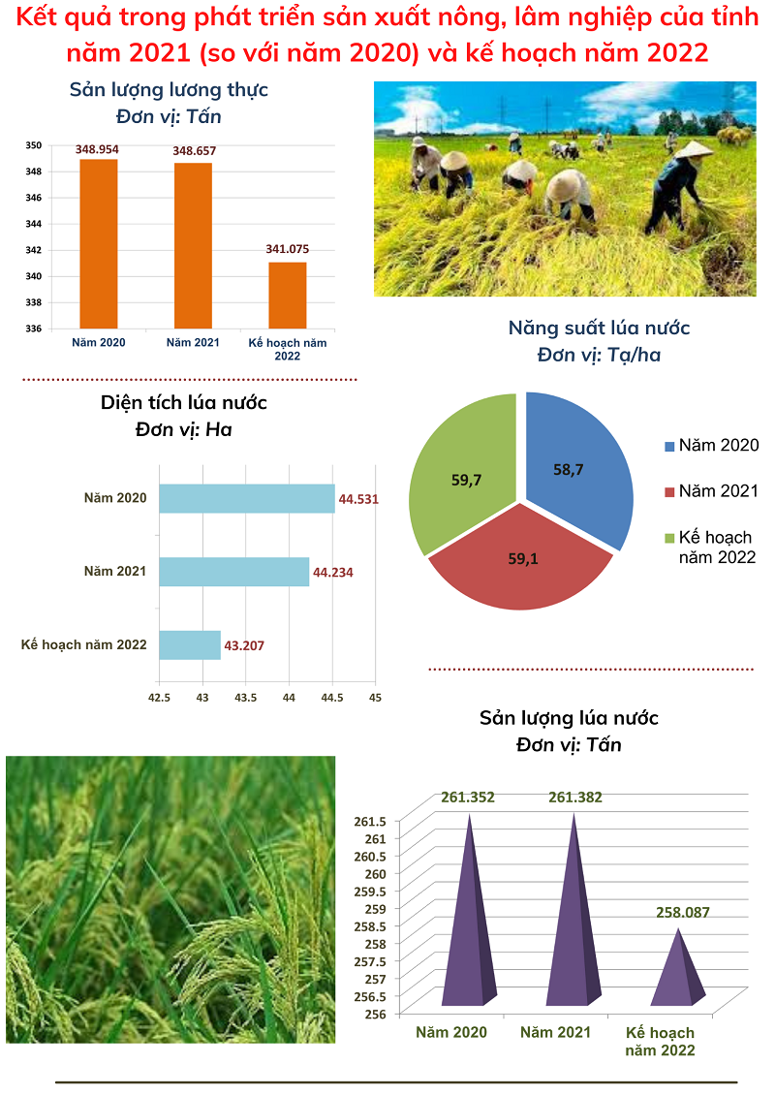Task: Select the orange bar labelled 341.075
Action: point(287,295)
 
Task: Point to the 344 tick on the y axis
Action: point(33,224)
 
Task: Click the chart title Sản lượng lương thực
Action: point(169,90)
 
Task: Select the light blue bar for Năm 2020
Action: point(246,498)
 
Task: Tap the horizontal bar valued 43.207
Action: point(190,644)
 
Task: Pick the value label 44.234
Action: point(333,573)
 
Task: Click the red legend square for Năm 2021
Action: point(668,492)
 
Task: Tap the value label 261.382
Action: point(575,798)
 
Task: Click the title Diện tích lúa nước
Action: point(184,402)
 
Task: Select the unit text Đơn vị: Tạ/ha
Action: point(599,355)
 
